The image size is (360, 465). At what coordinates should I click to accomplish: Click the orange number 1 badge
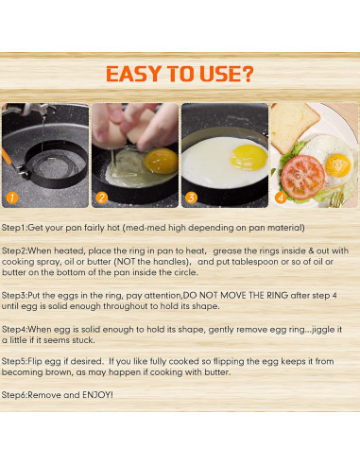(12, 198)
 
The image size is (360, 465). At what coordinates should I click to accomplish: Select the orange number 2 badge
(102, 198)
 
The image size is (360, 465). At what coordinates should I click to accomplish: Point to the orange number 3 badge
(191, 198)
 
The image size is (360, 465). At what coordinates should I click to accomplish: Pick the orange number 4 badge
(281, 198)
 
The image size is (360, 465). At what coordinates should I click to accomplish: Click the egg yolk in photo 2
(161, 161)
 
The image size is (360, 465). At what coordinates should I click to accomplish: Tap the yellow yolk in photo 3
(249, 157)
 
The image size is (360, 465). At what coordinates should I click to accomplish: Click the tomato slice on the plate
(302, 177)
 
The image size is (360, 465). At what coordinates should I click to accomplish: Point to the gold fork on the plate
(336, 199)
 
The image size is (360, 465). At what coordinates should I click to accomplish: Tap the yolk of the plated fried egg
(337, 165)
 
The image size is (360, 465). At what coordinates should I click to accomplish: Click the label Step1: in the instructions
(14, 228)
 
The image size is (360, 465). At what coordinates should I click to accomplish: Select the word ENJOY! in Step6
(97, 395)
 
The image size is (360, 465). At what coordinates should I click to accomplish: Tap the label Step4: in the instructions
(14, 330)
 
